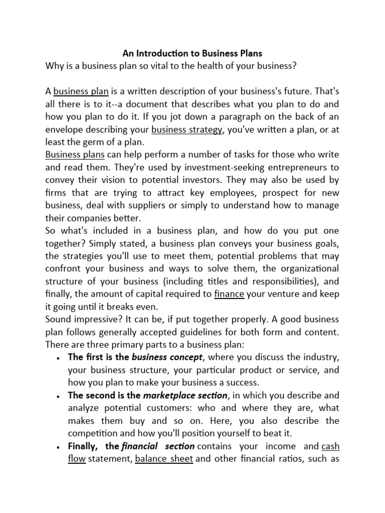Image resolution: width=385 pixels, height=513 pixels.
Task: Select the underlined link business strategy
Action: [186, 129]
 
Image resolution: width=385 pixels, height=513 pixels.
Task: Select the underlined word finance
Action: [229, 294]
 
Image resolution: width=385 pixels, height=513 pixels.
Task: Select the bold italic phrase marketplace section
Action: [185, 395]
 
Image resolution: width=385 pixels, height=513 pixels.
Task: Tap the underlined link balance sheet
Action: [164, 458]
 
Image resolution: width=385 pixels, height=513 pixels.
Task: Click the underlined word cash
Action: [330, 446]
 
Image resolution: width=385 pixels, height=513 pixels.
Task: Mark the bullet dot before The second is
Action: [59, 396]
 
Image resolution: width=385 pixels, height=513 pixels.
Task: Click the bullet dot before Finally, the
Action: [59, 447]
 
